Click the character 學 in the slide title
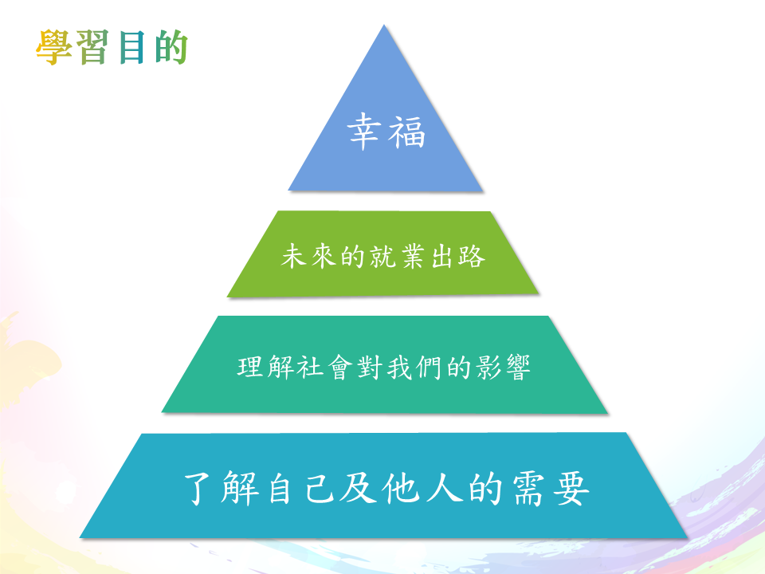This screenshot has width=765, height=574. (x=54, y=47)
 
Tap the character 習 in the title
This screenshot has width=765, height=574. (x=92, y=47)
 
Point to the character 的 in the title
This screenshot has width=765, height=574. (x=171, y=47)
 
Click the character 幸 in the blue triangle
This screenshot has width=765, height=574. (x=364, y=131)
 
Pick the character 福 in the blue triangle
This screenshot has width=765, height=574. (x=406, y=132)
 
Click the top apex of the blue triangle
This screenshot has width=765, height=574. (x=384, y=25)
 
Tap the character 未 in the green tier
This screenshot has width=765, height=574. (x=294, y=256)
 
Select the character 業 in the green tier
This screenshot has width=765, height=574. (x=411, y=256)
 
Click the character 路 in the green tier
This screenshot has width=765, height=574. (x=471, y=256)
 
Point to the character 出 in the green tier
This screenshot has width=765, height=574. (x=441, y=256)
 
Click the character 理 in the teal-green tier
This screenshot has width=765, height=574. (x=251, y=367)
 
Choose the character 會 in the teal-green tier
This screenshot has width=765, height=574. (x=340, y=367)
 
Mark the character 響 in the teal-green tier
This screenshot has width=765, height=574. (x=518, y=368)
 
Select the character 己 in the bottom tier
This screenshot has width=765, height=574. (x=320, y=488)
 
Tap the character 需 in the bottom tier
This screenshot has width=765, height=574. (x=528, y=489)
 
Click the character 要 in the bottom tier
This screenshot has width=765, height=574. (x=571, y=489)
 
